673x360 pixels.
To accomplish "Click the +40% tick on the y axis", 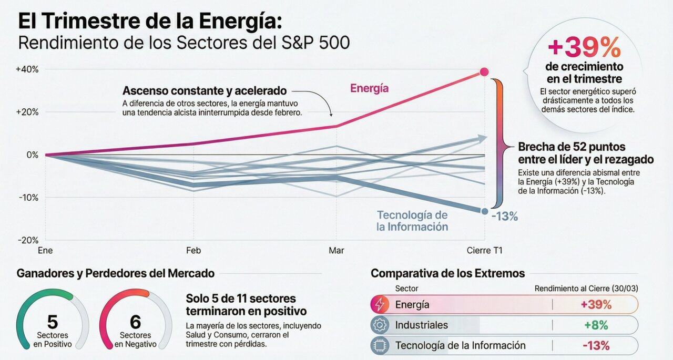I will [27, 69].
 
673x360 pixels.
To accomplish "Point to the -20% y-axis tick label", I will [27, 240].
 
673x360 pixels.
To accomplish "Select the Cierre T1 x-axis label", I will [484, 251].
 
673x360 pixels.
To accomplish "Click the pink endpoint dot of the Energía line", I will [484, 72].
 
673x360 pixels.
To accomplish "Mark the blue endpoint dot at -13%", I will [484, 211].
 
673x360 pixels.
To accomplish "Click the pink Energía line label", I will [369, 88].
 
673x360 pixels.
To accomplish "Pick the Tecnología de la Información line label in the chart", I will [412, 221].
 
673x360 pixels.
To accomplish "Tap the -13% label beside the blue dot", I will [505, 216].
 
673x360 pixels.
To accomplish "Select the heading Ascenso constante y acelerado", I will [205, 90].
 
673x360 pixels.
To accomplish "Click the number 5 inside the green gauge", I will [53, 322].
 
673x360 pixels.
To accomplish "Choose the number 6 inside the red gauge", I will [135, 322].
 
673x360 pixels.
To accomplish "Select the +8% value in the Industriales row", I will [596, 325].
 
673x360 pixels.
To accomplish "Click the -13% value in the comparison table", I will [596, 346].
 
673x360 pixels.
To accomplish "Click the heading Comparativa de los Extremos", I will [447, 273].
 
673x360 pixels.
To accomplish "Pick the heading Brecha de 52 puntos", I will [572, 147].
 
